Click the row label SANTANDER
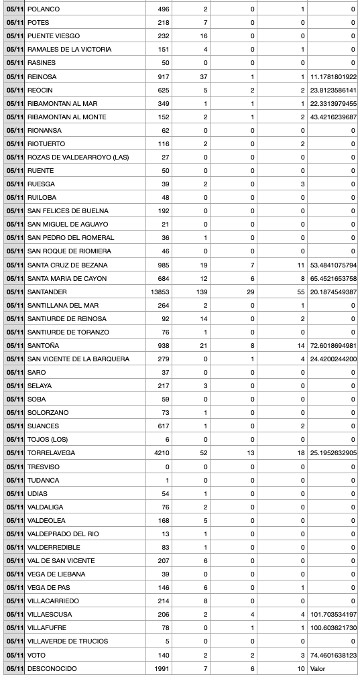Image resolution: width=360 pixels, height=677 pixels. click(x=47, y=292)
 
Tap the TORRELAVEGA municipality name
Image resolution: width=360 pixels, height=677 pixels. click(x=51, y=453)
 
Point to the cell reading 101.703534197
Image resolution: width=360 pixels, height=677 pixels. click(x=333, y=615)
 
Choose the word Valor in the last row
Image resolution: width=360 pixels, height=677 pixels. click(x=318, y=668)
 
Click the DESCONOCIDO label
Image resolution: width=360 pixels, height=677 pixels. click(x=52, y=668)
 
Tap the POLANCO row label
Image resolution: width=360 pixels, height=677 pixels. click(x=43, y=9)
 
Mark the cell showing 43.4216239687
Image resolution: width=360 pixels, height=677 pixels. click(x=333, y=117)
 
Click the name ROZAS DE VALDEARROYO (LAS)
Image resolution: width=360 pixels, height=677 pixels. click(x=78, y=158)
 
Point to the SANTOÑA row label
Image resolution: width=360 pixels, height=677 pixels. click(x=43, y=346)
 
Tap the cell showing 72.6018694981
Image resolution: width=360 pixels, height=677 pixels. click(x=333, y=346)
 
